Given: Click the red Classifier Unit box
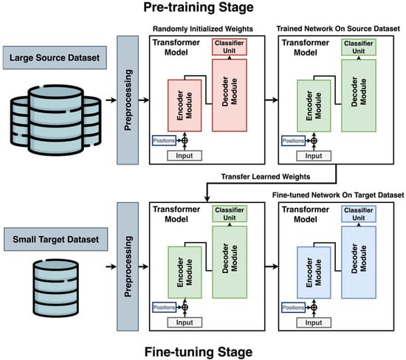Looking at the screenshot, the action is (230, 46).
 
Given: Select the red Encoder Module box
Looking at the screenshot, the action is (185, 105).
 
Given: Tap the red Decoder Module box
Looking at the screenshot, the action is (230, 95).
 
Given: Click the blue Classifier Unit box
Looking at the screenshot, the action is (359, 214).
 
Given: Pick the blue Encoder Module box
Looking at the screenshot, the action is (314, 272).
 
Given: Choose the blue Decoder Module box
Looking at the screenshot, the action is (359, 262).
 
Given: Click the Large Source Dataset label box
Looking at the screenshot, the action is (55, 58).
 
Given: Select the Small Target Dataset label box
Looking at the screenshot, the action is (55, 239).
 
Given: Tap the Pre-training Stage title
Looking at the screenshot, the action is (199, 7).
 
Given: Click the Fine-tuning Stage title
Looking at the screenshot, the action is (199, 352).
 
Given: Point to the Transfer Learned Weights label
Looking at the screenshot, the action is (266, 177).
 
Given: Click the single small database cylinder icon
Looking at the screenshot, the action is (55, 288).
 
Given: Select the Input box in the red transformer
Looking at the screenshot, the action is (185, 156).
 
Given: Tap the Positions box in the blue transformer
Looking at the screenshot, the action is (293, 308).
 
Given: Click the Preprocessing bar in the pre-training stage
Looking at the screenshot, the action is (128, 100).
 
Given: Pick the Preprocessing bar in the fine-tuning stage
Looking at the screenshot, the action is (128, 266).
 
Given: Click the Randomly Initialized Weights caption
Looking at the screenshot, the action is (203, 29).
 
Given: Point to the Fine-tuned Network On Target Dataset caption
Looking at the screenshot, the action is (338, 195).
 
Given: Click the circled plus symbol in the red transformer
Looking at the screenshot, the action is (185, 140).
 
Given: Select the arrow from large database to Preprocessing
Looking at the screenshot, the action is (111, 100).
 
